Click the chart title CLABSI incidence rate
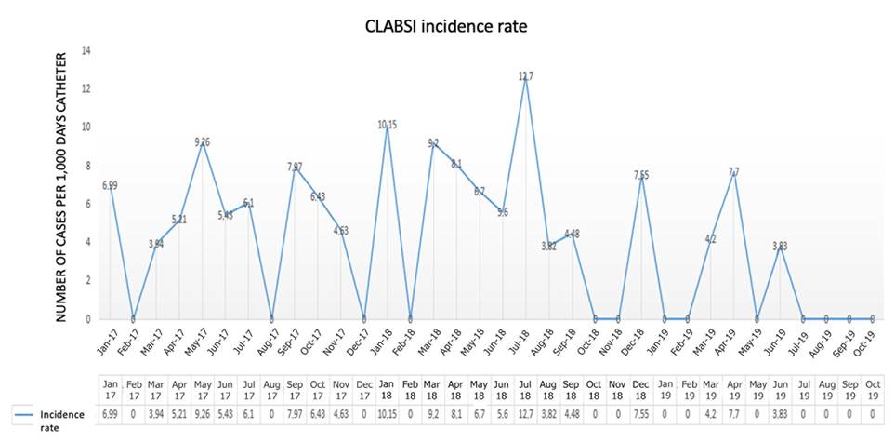[447, 27]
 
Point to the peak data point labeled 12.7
[526, 78]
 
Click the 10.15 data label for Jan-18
[387, 124]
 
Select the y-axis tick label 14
[86, 50]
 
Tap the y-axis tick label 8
[86, 166]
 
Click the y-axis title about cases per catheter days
[62, 185]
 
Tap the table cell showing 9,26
[203, 413]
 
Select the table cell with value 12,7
[526, 413]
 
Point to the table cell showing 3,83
[781, 413]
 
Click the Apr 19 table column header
[734, 391]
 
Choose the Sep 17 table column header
[295, 391]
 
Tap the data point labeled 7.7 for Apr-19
[734, 173]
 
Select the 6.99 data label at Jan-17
[109, 185]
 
